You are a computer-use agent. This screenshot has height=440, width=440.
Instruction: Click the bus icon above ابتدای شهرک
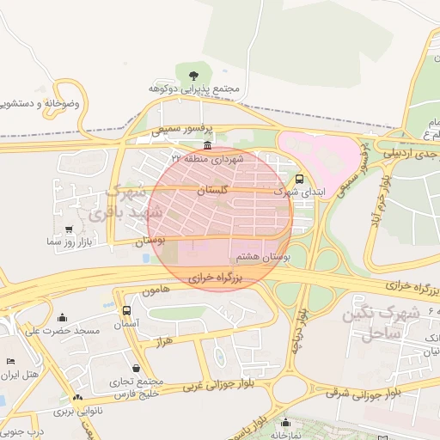point(298,180)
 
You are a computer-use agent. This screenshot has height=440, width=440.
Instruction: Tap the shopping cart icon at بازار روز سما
point(69,229)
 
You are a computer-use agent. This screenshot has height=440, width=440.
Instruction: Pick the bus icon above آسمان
point(127,310)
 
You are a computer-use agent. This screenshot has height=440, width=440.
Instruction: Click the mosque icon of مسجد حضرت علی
point(62,317)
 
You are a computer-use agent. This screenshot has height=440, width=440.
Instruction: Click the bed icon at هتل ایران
point(10,362)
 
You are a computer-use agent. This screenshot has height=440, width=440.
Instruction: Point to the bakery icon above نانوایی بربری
point(78,398)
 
